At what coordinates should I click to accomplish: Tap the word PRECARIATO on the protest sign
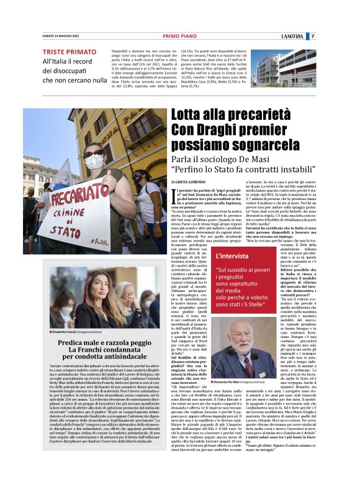tap(79, 201)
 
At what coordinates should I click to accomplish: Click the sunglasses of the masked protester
tap(95, 153)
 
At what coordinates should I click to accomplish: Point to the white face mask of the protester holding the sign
tap(95, 163)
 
